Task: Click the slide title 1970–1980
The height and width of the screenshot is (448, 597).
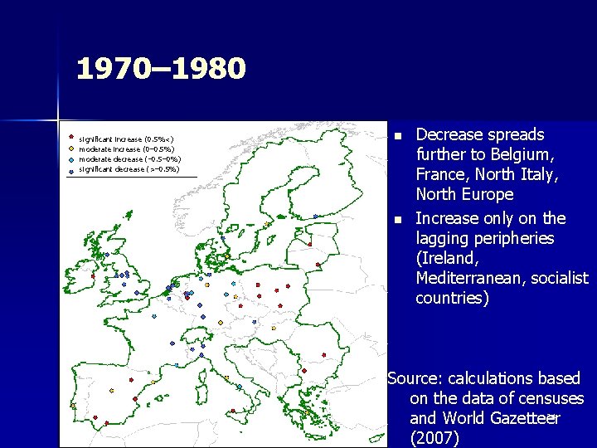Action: [161, 69]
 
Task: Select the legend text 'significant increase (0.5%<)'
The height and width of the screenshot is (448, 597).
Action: [125, 139]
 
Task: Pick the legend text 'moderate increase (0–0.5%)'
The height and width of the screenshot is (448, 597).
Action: [124, 149]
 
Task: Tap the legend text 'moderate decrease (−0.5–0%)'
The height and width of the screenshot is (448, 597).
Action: [129, 159]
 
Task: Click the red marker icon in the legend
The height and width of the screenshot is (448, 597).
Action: [71, 139]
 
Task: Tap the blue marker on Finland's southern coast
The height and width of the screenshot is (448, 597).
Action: [315, 217]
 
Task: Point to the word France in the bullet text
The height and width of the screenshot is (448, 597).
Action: [440, 174]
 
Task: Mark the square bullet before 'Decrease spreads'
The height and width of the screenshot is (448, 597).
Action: [397, 135]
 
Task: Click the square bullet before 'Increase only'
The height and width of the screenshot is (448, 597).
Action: [397, 219]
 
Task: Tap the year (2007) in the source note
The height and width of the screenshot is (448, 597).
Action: [434, 439]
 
